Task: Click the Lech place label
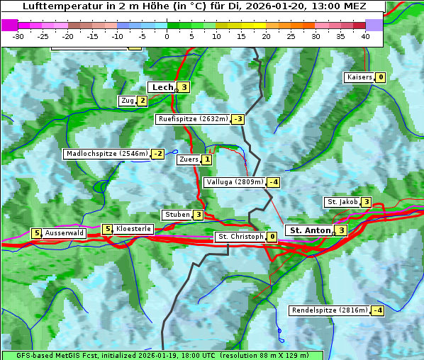[x=162, y=87]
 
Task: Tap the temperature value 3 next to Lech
[x=184, y=87]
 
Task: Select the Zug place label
[x=128, y=101]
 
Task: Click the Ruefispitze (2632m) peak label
[x=193, y=119]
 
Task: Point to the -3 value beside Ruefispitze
[x=238, y=119]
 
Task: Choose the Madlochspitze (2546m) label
[x=106, y=154]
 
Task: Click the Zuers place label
[x=189, y=159]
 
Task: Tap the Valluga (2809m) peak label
[x=235, y=182]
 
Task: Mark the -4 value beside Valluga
[x=274, y=182]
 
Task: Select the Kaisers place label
[x=359, y=77]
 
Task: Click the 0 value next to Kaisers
[x=381, y=77]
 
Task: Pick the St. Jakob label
[x=342, y=202]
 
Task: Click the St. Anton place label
[x=311, y=230]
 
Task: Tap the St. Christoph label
[x=240, y=237]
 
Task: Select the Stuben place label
[x=177, y=215]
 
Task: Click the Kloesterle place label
[x=133, y=229]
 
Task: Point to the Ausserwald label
[x=65, y=232]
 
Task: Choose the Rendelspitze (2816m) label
[x=330, y=310]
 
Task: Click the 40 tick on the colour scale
[x=365, y=35]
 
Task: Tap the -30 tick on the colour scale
[x=18, y=35]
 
